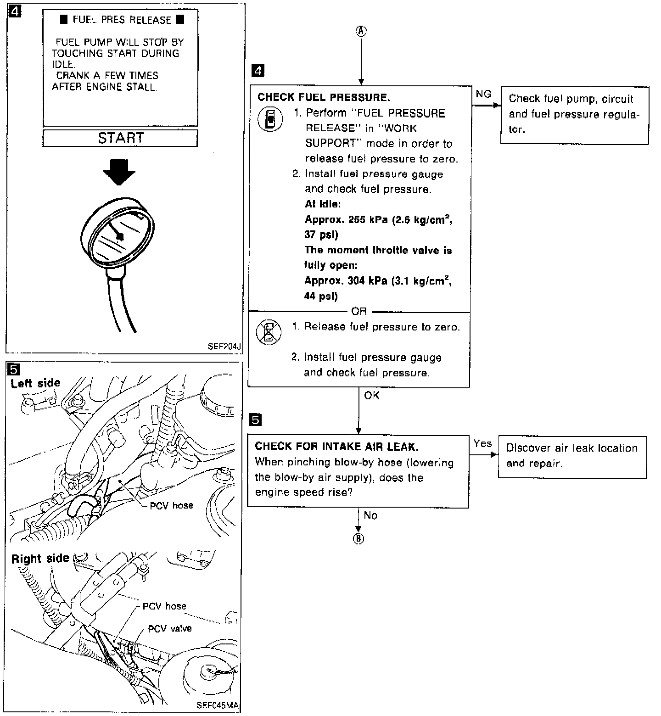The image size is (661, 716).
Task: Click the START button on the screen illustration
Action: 120,138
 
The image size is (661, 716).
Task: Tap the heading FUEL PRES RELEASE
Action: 122,20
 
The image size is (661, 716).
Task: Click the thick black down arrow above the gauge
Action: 119,173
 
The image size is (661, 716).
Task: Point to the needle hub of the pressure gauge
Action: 120,236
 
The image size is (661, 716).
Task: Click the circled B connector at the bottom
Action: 359,538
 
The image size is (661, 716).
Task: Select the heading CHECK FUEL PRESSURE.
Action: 324,97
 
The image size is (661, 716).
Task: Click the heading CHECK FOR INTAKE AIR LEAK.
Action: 336,446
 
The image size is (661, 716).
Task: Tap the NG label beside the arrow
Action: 483,94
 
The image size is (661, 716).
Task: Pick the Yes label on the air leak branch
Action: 482,443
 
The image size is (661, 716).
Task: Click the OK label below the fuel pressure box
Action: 372,395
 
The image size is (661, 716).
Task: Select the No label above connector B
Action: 370,515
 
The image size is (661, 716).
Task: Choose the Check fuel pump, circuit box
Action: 574,114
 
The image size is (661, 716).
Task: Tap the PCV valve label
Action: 169,628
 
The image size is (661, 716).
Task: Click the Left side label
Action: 36,383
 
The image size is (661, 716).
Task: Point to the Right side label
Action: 40,559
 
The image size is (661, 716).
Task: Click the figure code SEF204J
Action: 224,347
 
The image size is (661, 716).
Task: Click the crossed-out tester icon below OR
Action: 269,331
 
